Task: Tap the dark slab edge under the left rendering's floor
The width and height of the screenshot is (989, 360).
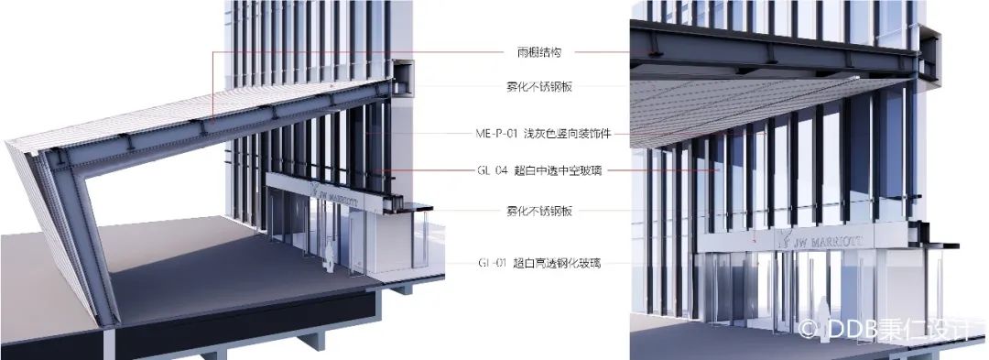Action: [229, 316]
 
